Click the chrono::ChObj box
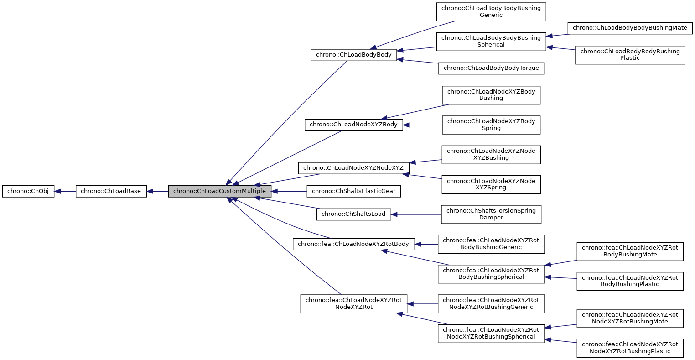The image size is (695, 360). [28, 192]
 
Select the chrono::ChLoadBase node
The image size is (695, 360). [111, 192]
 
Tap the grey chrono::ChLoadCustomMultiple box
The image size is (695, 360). [219, 192]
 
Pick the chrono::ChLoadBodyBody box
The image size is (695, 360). [353, 55]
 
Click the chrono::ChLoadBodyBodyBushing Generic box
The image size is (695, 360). [491, 12]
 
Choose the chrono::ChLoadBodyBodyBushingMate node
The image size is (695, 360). [629, 28]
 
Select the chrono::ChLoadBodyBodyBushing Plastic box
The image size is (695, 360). [630, 55]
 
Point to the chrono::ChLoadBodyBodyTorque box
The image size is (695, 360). [491, 68]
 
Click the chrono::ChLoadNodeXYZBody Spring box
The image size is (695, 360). [491, 125]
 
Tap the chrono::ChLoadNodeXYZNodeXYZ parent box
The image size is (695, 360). [353, 168]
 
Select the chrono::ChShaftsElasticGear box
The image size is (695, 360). [353, 192]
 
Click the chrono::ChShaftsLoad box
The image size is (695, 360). [353, 214]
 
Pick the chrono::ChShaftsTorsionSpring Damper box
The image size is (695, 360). [491, 214]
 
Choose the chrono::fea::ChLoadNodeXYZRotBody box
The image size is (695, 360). [353, 244]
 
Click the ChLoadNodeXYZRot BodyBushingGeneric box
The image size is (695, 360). [491, 244]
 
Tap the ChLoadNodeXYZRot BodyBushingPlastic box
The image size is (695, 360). [630, 281]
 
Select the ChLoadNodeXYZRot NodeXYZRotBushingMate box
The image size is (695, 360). [630, 318]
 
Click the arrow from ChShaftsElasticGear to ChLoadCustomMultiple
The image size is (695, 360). [289, 192]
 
